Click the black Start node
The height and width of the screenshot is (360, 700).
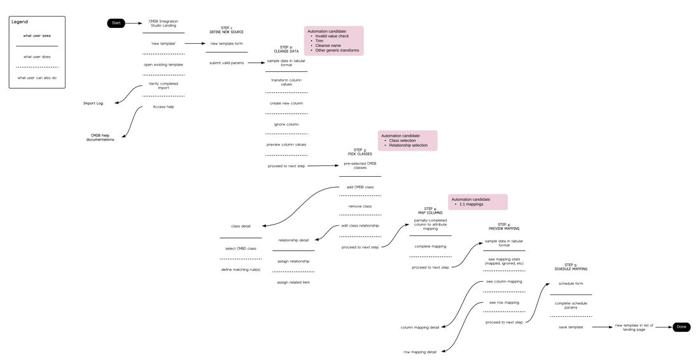tap(116, 23)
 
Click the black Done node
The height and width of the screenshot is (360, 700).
tap(682, 327)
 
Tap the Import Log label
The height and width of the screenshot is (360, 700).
tap(93, 103)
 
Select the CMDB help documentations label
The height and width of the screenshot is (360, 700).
tap(100, 137)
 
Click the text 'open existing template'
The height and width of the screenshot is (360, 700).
tap(163, 64)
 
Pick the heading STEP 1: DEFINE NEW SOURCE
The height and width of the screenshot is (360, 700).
tap(227, 30)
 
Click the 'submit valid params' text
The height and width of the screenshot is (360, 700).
tap(227, 62)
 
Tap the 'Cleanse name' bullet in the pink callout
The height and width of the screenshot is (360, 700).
tap(328, 46)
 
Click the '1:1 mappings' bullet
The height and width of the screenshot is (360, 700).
tap(471, 204)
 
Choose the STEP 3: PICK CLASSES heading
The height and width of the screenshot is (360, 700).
tap(360, 152)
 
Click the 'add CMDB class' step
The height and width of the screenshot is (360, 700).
tap(360, 187)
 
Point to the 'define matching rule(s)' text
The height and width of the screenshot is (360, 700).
tap(241, 270)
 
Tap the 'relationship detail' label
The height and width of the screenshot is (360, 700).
tap(294, 240)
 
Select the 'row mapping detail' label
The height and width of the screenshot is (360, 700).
tap(420, 352)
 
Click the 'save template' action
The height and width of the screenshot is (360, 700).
tap(571, 327)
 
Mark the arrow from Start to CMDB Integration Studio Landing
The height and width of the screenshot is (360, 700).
tap(134, 23)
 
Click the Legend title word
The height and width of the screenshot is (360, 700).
tap(20, 22)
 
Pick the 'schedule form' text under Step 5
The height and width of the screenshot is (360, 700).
tap(571, 284)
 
